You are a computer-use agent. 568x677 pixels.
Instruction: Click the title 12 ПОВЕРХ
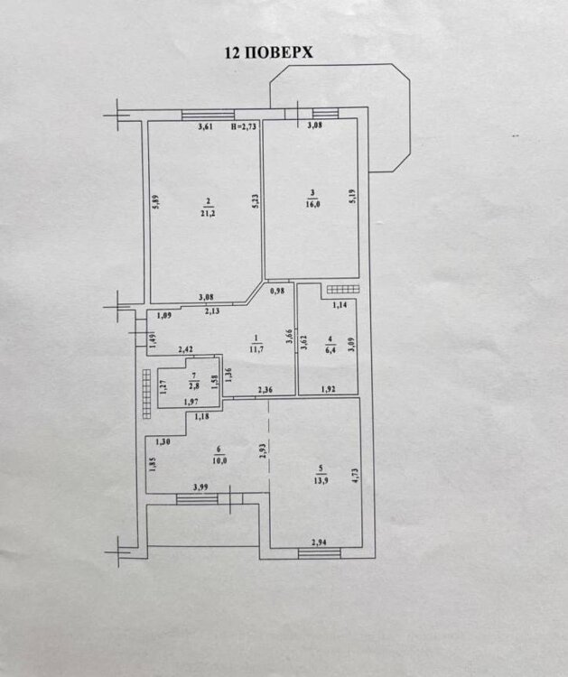(268, 52)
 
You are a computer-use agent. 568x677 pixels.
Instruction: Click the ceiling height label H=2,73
(244, 127)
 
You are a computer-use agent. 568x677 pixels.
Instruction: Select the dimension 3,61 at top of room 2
(205, 127)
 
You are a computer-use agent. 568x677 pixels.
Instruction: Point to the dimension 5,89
(155, 204)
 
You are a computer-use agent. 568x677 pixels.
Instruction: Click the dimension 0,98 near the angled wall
(278, 290)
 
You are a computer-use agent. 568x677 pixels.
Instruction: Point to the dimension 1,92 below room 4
(330, 390)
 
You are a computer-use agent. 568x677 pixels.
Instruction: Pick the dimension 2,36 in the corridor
(265, 390)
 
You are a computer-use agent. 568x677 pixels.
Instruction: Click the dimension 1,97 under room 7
(191, 403)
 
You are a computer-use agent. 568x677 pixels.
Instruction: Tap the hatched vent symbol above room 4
(342, 289)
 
